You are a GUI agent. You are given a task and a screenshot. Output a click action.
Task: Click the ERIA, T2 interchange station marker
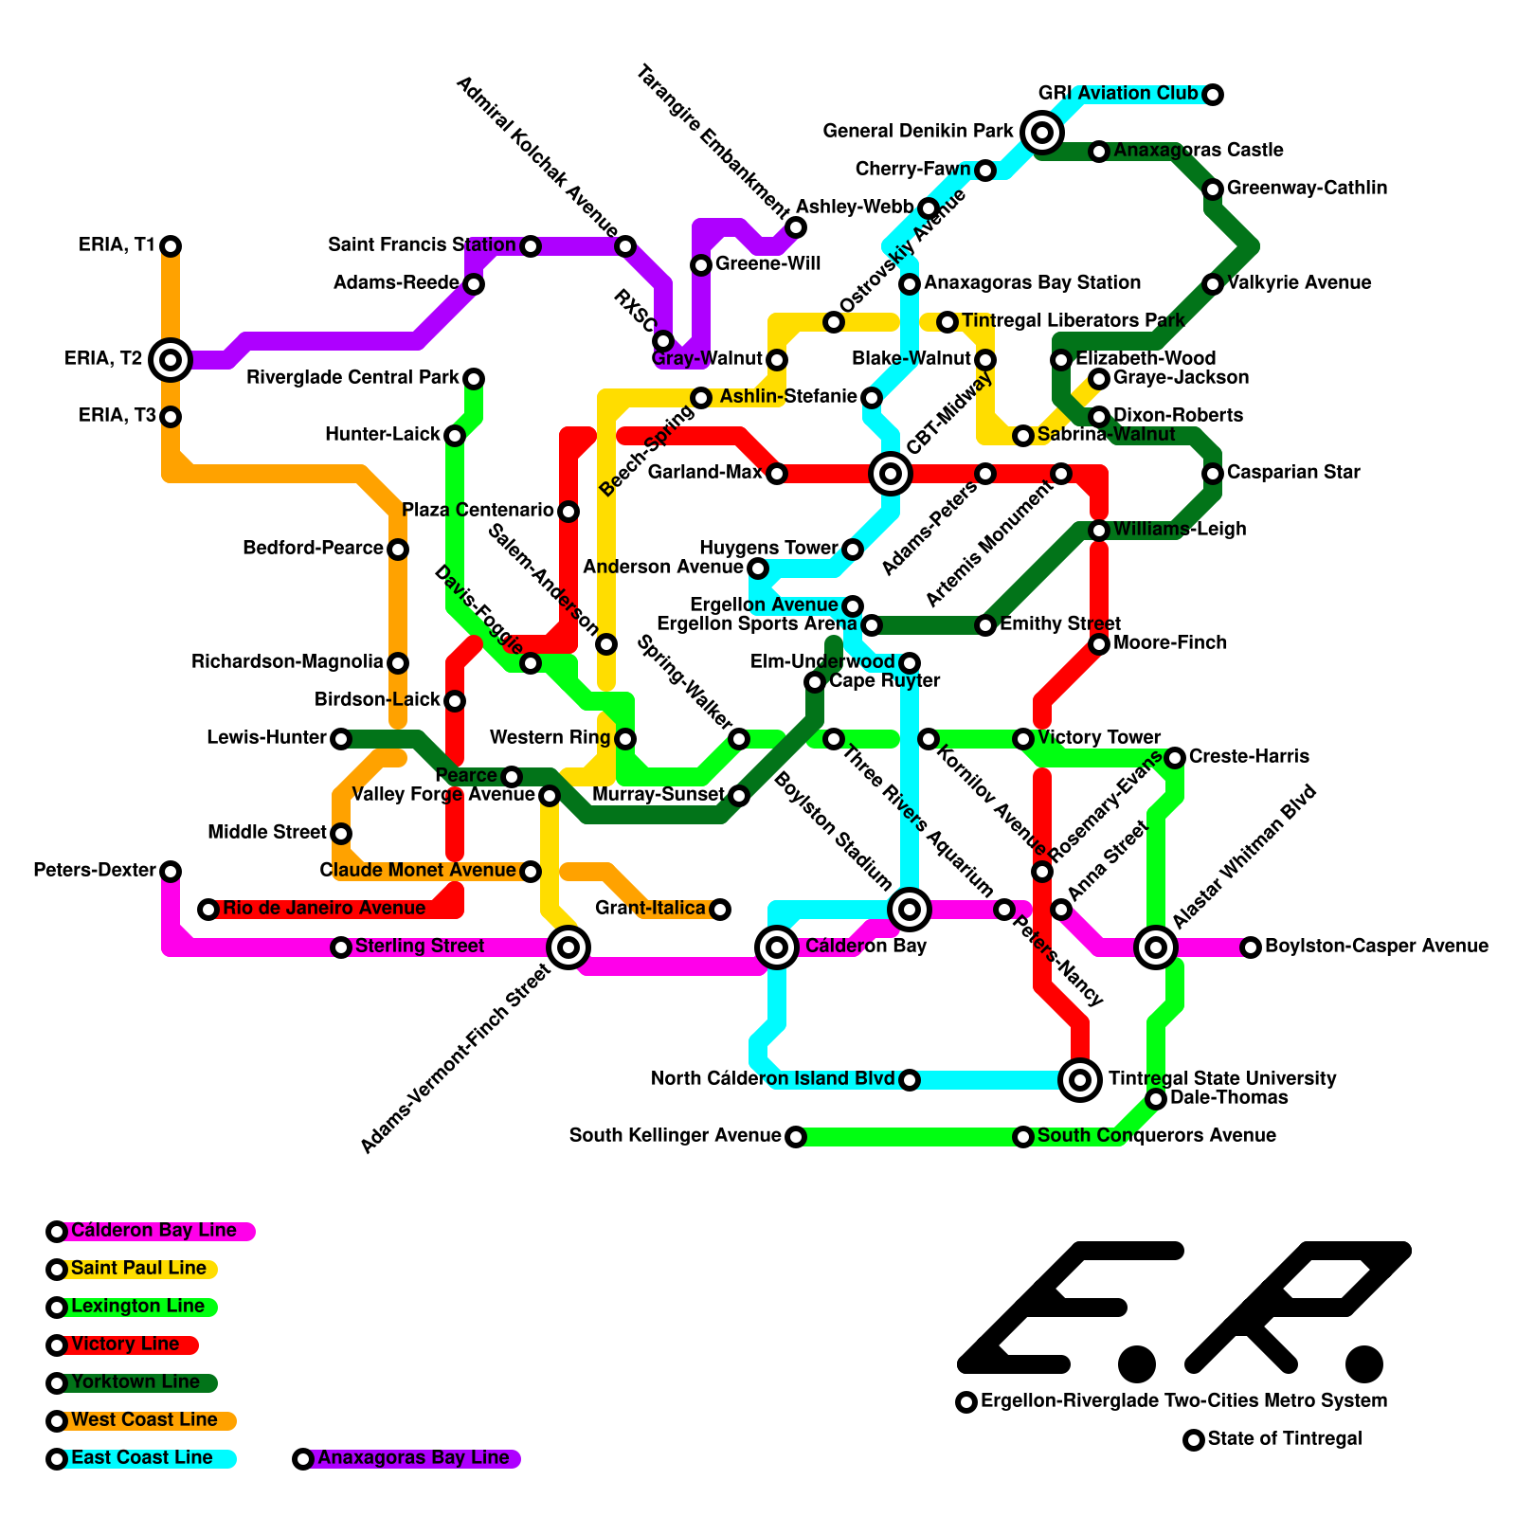tap(171, 359)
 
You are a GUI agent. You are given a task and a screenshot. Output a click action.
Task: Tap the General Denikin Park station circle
tap(1042, 132)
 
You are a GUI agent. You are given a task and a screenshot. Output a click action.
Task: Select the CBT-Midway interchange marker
tap(891, 473)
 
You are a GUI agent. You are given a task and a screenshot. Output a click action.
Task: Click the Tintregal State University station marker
tap(1080, 1079)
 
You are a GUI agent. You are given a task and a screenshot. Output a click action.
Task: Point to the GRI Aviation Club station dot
tap(1213, 94)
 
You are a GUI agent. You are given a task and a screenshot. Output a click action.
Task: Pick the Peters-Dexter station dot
tap(171, 871)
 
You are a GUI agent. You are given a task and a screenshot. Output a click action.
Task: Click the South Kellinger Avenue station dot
tap(796, 1136)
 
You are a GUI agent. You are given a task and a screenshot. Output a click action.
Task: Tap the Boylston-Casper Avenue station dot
tap(1251, 947)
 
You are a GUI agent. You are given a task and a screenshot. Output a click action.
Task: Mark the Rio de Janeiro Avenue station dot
tap(208, 910)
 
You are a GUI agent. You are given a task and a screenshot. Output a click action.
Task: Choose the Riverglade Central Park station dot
tap(474, 379)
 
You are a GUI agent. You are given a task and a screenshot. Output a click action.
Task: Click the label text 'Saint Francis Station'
tap(422, 245)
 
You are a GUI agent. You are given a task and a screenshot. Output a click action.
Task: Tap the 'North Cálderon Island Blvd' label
tap(772, 1079)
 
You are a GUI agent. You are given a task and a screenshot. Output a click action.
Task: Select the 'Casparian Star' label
tap(1293, 473)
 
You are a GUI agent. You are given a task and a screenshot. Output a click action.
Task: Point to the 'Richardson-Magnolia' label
tap(287, 662)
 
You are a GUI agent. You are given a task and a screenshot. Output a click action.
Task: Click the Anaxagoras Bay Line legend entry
tap(413, 1458)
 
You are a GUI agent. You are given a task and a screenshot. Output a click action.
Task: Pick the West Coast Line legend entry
tap(144, 1420)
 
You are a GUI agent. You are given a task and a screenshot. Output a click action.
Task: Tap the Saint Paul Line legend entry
tap(138, 1269)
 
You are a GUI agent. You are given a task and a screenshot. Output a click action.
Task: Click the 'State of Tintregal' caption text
tap(1285, 1439)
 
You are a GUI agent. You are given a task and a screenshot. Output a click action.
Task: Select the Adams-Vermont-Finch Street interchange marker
tap(568, 947)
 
